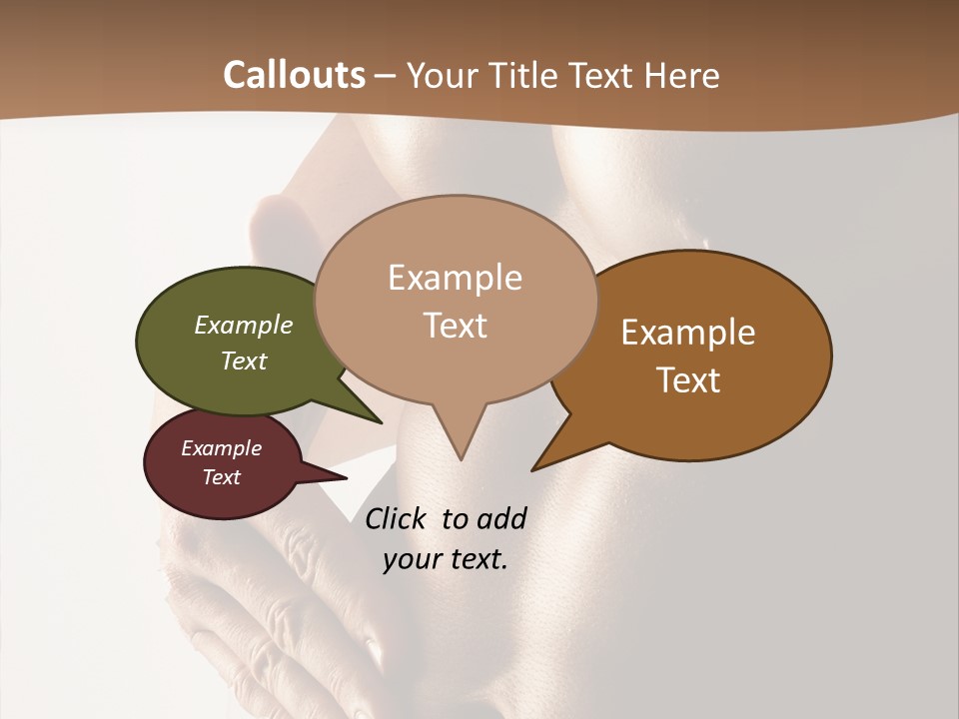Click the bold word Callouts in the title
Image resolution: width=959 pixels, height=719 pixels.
tap(294, 75)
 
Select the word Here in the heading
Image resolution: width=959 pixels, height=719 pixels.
tap(682, 75)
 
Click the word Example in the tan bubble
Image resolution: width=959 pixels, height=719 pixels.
tap(455, 278)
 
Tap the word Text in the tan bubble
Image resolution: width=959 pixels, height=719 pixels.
tap(455, 326)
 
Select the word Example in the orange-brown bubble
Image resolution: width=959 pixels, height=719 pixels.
tap(688, 333)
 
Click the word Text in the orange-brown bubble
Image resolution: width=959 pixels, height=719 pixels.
tap(688, 380)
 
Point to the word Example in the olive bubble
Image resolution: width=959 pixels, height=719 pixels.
tap(244, 326)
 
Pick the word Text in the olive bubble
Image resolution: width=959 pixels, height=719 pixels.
tap(244, 360)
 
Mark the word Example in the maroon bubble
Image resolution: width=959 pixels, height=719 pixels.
tap(222, 448)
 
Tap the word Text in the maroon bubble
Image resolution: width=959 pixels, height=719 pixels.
tap(222, 477)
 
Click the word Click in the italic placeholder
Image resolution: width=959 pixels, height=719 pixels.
tap(397, 518)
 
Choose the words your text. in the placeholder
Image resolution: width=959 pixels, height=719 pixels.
tap(446, 559)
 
